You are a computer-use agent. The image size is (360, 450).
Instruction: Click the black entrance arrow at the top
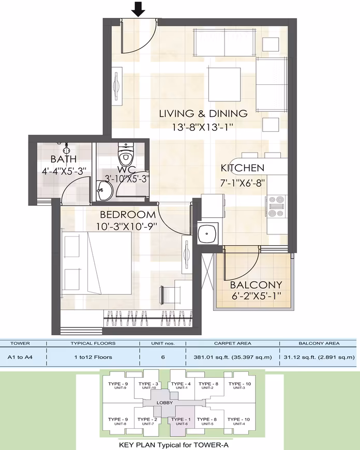(x=139, y=9)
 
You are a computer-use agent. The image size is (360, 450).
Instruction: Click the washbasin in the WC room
(x=104, y=191)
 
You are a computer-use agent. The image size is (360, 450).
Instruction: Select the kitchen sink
(x=208, y=233)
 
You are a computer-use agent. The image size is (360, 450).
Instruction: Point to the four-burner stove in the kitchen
(x=276, y=206)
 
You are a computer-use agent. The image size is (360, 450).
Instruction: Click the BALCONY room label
(x=256, y=285)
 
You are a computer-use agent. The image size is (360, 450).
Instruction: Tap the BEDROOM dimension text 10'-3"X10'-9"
(x=127, y=227)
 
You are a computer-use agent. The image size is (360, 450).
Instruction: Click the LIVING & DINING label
(x=203, y=113)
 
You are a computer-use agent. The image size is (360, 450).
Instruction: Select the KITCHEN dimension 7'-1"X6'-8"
(x=242, y=183)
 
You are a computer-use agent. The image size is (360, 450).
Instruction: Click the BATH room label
(x=64, y=159)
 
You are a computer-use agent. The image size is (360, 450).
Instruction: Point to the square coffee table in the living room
(x=224, y=84)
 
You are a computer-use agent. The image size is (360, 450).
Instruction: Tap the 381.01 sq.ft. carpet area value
(x=233, y=357)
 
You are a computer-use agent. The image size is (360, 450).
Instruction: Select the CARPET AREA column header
(x=233, y=343)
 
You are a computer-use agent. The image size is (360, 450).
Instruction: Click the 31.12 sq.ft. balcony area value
(x=319, y=357)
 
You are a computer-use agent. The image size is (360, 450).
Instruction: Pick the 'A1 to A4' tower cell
(x=20, y=357)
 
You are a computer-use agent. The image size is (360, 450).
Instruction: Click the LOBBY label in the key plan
(x=164, y=402)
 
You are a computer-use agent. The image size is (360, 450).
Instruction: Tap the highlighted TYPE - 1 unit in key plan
(x=182, y=421)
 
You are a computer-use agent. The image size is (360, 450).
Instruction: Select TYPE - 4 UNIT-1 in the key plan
(x=181, y=385)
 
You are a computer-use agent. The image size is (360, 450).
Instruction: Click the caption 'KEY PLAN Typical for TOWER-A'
(x=174, y=445)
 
